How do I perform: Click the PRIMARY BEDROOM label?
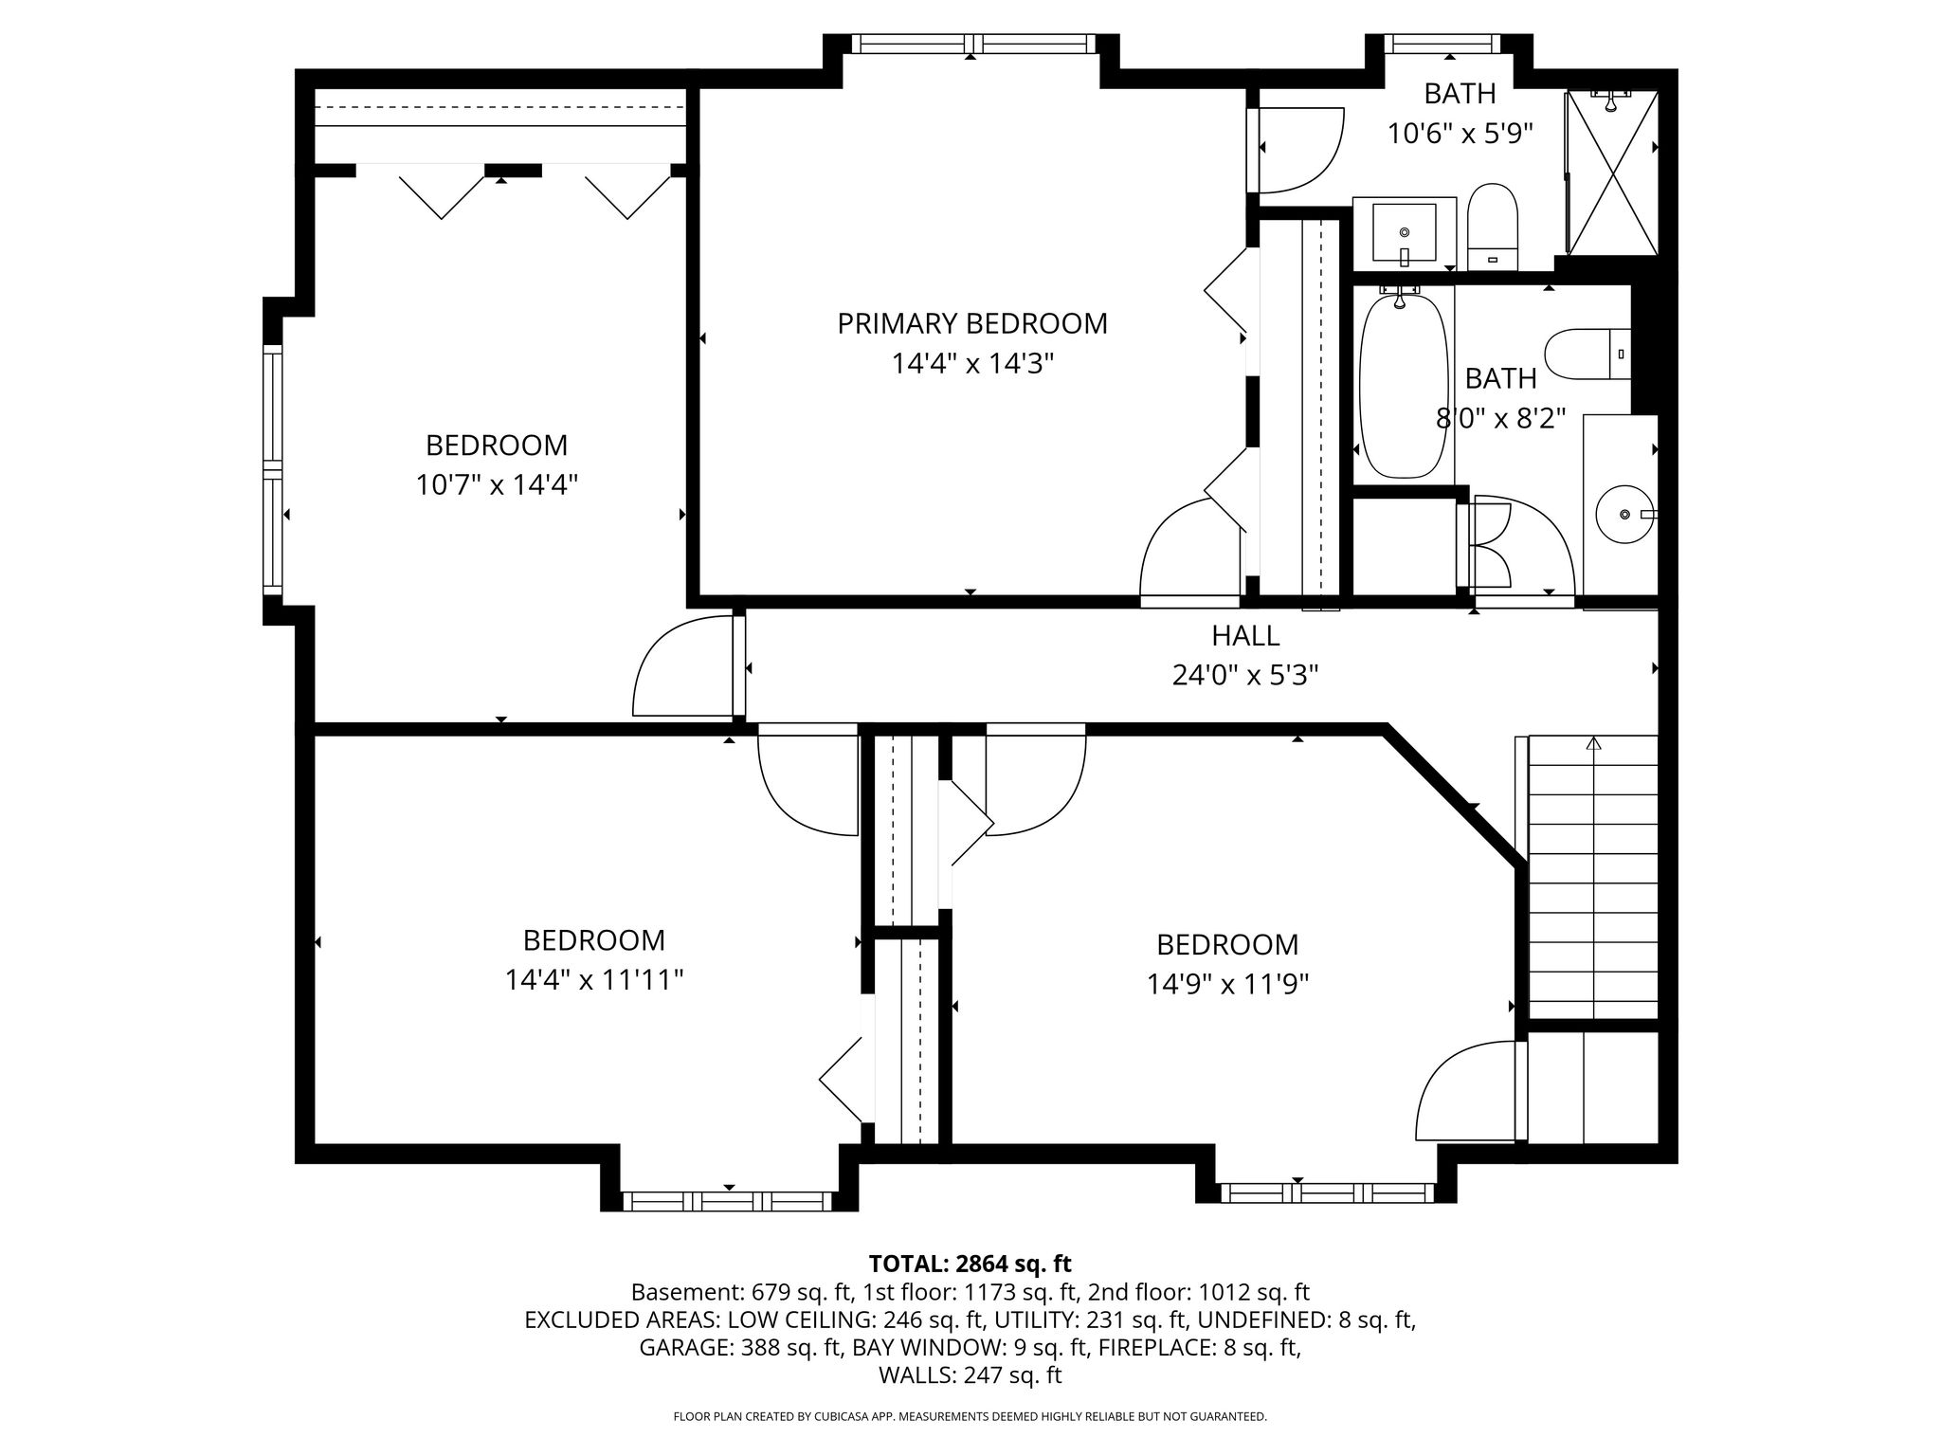[972, 323]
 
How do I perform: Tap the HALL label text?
[1245, 635]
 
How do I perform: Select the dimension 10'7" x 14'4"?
[497, 484]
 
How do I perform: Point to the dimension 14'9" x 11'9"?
[1227, 984]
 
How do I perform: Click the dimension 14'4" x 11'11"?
[594, 979]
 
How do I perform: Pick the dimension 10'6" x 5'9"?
[1460, 134]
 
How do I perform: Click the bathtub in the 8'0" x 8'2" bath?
[1404, 386]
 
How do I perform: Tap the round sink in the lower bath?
[1626, 514]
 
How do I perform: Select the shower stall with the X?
[1612, 173]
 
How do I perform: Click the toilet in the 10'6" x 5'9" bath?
[1493, 227]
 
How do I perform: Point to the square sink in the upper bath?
[1405, 233]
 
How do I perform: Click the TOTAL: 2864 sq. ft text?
[970, 1264]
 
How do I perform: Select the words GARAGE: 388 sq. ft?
[740, 1347]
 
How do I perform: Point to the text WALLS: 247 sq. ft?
[970, 1375]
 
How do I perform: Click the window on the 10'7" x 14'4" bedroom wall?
[273, 469]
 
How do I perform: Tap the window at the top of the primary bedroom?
[972, 44]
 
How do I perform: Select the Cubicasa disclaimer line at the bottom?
[970, 1416]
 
